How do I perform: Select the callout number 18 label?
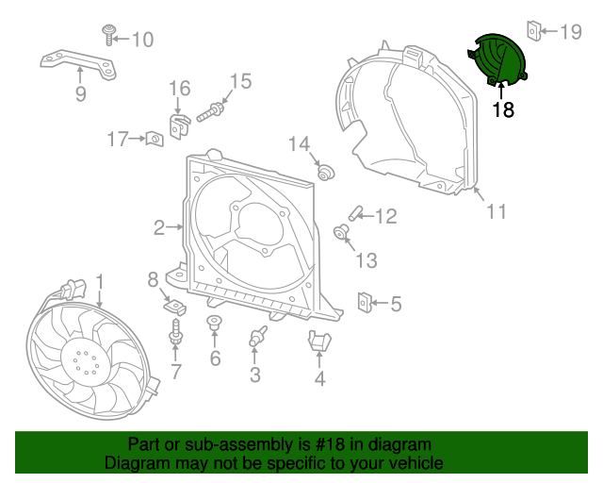coord(504,110)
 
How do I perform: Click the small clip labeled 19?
coord(533,32)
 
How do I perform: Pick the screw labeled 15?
coord(211,111)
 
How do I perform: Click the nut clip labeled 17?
coord(152,141)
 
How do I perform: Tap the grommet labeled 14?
coord(326,172)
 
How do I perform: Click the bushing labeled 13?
coord(343,231)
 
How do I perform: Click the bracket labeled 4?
coord(319,343)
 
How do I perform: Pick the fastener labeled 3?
coord(255,337)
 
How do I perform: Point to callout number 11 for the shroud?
coord(496,211)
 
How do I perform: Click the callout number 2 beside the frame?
coord(160,226)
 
